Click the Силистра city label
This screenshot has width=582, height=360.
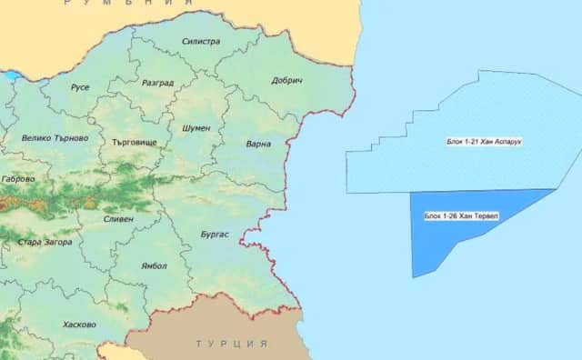pos(200,42)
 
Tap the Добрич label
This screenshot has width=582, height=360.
pos(286,81)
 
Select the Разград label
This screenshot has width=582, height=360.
pos(158,83)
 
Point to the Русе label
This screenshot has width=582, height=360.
pos(79,88)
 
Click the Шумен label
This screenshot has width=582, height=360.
pos(196,128)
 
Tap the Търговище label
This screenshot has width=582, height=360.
pos(134,143)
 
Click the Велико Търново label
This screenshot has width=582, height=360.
pos(55,138)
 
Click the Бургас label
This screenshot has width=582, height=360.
pos(214,235)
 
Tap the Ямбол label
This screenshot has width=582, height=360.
pos(155,265)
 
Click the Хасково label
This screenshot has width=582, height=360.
pos(79,324)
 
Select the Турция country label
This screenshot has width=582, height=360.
pos(231,345)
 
